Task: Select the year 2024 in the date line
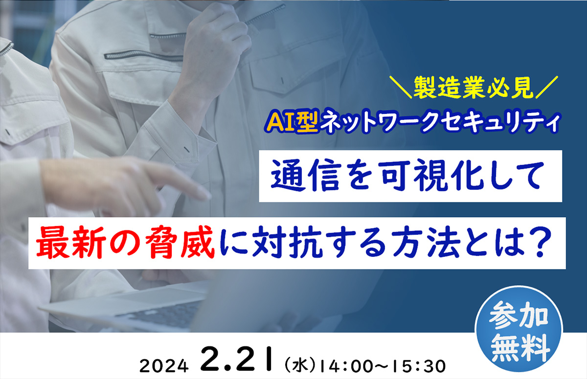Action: click(164, 365)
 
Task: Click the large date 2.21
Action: click(238, 360)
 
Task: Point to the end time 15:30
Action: click(420, 365)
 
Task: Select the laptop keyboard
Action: click(161, 310)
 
